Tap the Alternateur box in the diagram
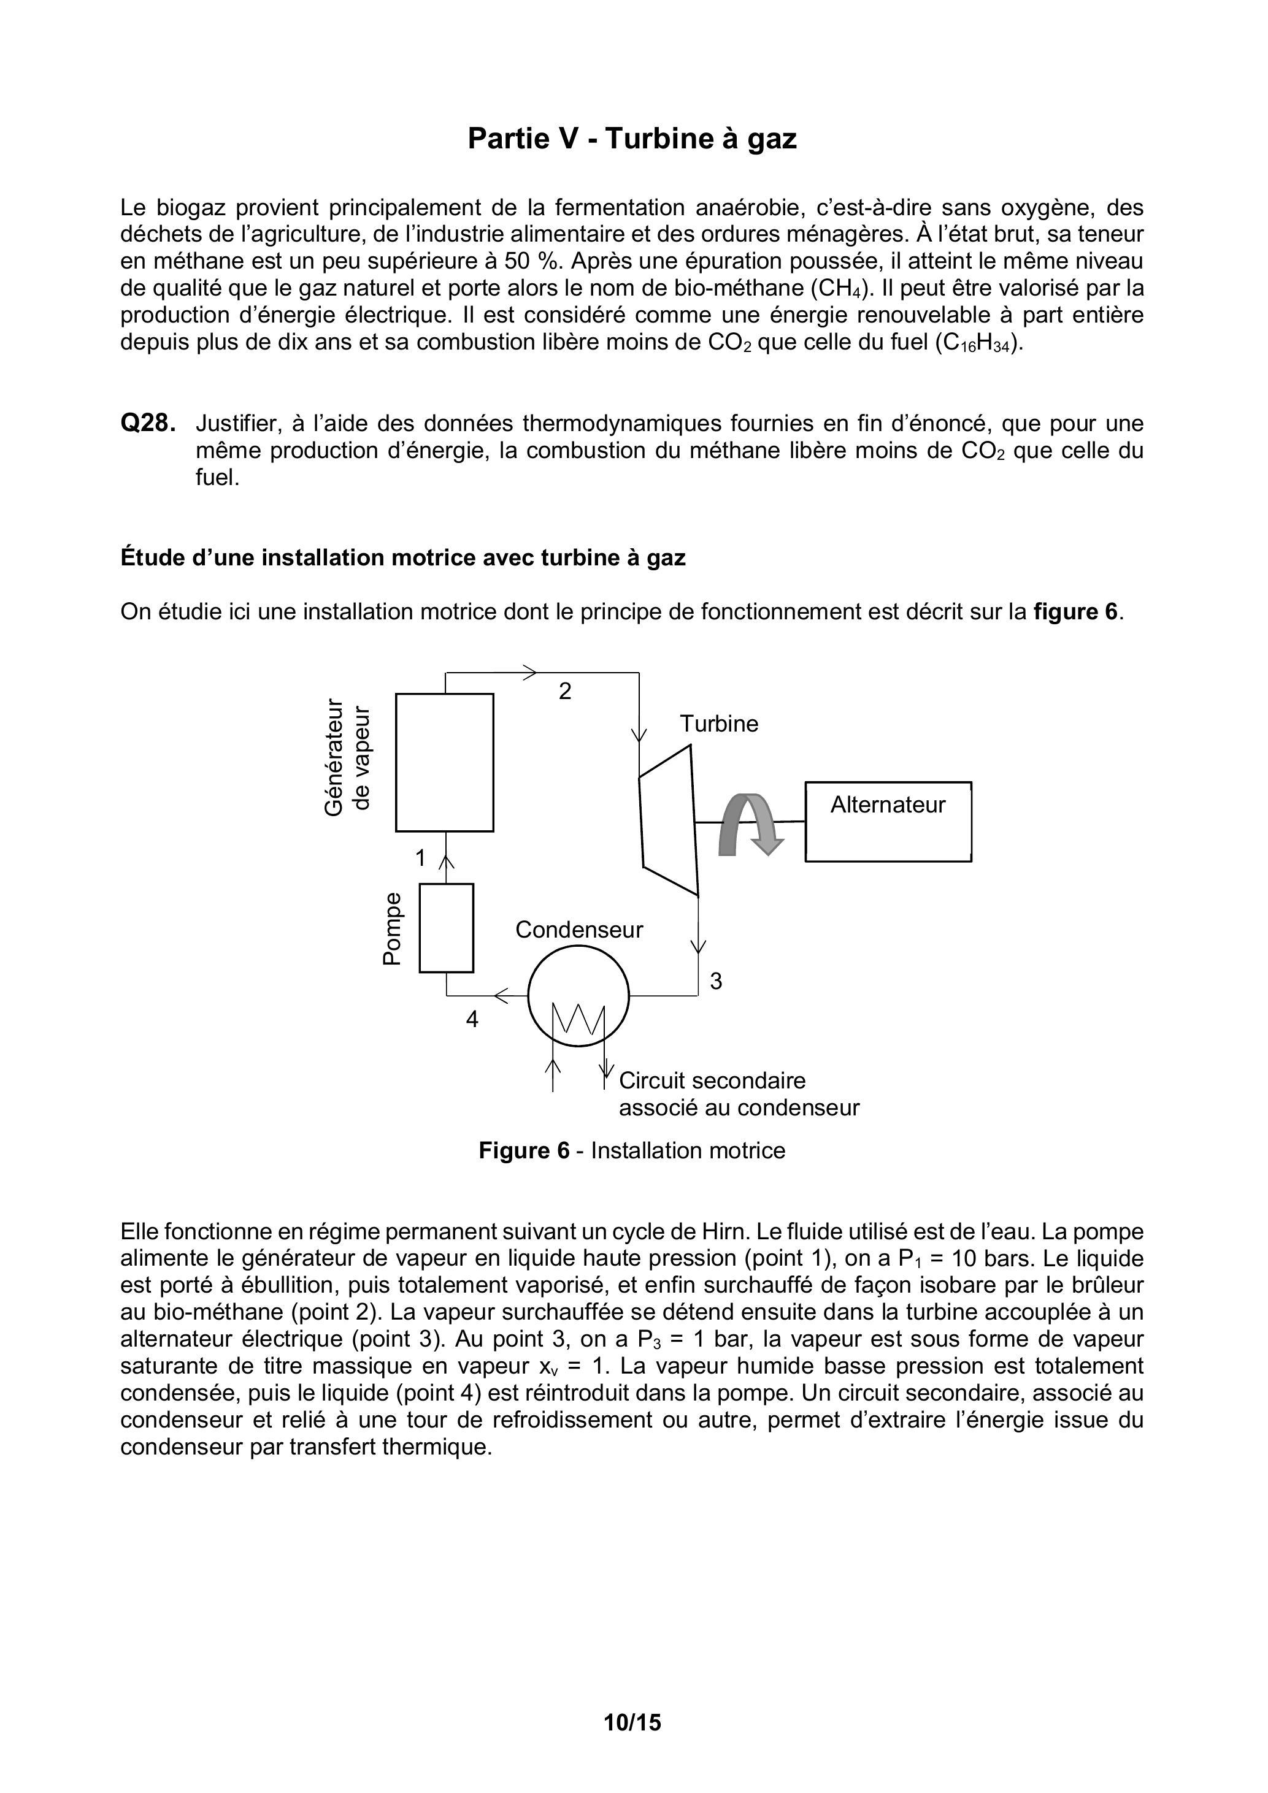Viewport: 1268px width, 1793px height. [888, 822]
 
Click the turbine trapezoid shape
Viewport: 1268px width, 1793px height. [668, 820]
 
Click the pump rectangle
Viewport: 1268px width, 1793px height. [446, 928]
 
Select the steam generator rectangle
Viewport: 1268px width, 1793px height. [445, 762]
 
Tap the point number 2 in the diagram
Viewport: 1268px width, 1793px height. [565, 691]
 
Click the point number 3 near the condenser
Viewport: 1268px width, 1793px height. [716, 982]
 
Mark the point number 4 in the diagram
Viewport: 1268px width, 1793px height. [472, 1020]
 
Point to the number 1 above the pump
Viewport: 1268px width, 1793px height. [420, 858]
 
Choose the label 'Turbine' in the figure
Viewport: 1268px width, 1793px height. [719, 724]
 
